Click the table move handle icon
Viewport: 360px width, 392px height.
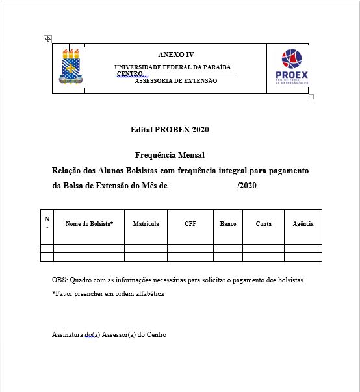click(x=47, y=39)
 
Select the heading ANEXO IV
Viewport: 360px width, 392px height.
click(x=175, y=55)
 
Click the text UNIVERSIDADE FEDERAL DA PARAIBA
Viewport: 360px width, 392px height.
click(x=172, y=67)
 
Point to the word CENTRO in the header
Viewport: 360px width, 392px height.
click(x=130, y=74)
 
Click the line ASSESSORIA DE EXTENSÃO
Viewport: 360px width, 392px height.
click(x=176, y=80)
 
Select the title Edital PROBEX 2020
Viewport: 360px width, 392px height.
click(x=170, y=130)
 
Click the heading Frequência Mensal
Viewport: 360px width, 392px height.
click(x=170, y=155)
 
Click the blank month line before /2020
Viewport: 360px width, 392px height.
click(x=203, y=186)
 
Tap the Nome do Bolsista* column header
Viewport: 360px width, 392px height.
click(x=89, y=223)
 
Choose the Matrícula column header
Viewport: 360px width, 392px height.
click(x=146, y=223)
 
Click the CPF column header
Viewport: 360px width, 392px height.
click(x=190, y=223)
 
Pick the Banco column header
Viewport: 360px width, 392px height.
click(x=228, y=223)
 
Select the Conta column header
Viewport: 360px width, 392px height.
click(x=264, y=223)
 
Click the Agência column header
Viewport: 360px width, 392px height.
click(x=303, y=223)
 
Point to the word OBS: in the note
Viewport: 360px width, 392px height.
click(x=60, y=280)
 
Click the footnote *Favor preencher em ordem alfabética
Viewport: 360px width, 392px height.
click(x=108, y=293)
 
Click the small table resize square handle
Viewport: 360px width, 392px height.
click(x=311, y=97)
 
